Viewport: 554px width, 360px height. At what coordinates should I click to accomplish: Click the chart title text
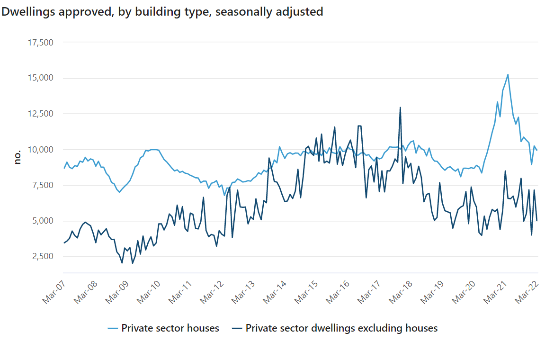pyautogui.click(x=162, y=12)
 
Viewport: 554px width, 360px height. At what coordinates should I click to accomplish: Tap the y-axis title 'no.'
pyautogui.click(x=18, y=157)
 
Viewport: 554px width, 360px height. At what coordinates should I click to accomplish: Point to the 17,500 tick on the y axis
pyautogui.click(x=40, y=43)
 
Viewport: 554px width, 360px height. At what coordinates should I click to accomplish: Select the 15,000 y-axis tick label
pyautogui.click(x=40, y=78)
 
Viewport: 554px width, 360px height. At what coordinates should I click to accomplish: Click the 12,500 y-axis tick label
pyautogui.click(x=40, y=114)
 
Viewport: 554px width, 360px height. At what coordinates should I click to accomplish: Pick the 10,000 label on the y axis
pyautogui.click(x=40, y=150)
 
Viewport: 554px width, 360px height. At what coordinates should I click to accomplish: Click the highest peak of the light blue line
pyautogui.click(x=508, y=74)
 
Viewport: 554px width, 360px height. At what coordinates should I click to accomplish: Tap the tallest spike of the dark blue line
pyautogui.click(x=400, y=108)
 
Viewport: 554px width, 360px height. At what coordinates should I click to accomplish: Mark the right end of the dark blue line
pyautogui.click(x=537, y=221)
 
